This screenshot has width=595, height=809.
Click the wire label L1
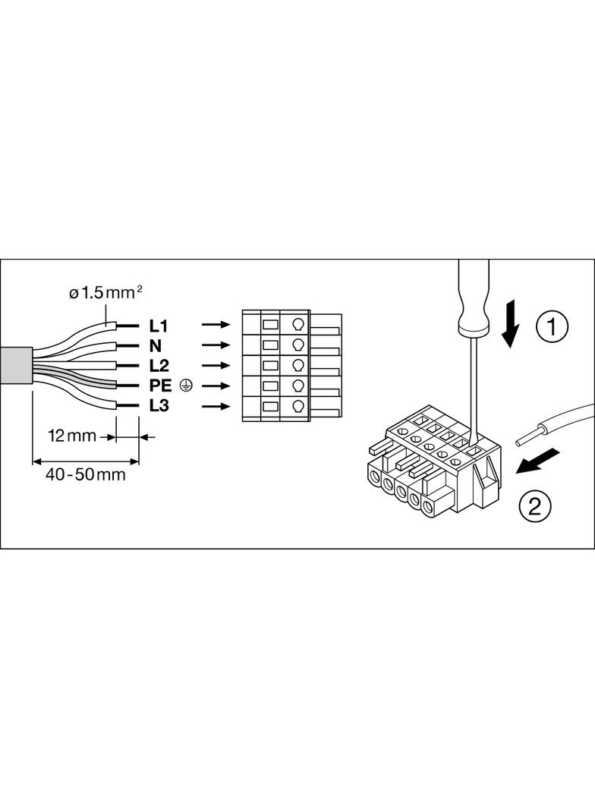(x=158, y=326)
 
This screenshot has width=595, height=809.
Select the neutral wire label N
(x=156, y=346)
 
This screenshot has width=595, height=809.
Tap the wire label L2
(x=159, y=366)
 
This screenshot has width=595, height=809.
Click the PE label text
(x=161, y=386)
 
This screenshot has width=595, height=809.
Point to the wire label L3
(x=159, y=406)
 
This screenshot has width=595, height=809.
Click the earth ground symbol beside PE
(x=186, y=386)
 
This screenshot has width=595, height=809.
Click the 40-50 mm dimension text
(x=85, y=475)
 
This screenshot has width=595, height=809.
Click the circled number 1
(x=552, y=326)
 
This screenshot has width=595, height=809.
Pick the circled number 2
(x=534, y=505)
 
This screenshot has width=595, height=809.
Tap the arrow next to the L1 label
(x=216, y=325)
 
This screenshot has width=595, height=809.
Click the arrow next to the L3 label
(x=216, y=406)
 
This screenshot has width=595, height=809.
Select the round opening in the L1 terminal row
(x=297, y=325)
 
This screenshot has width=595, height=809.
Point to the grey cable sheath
(x=16, y=367)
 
